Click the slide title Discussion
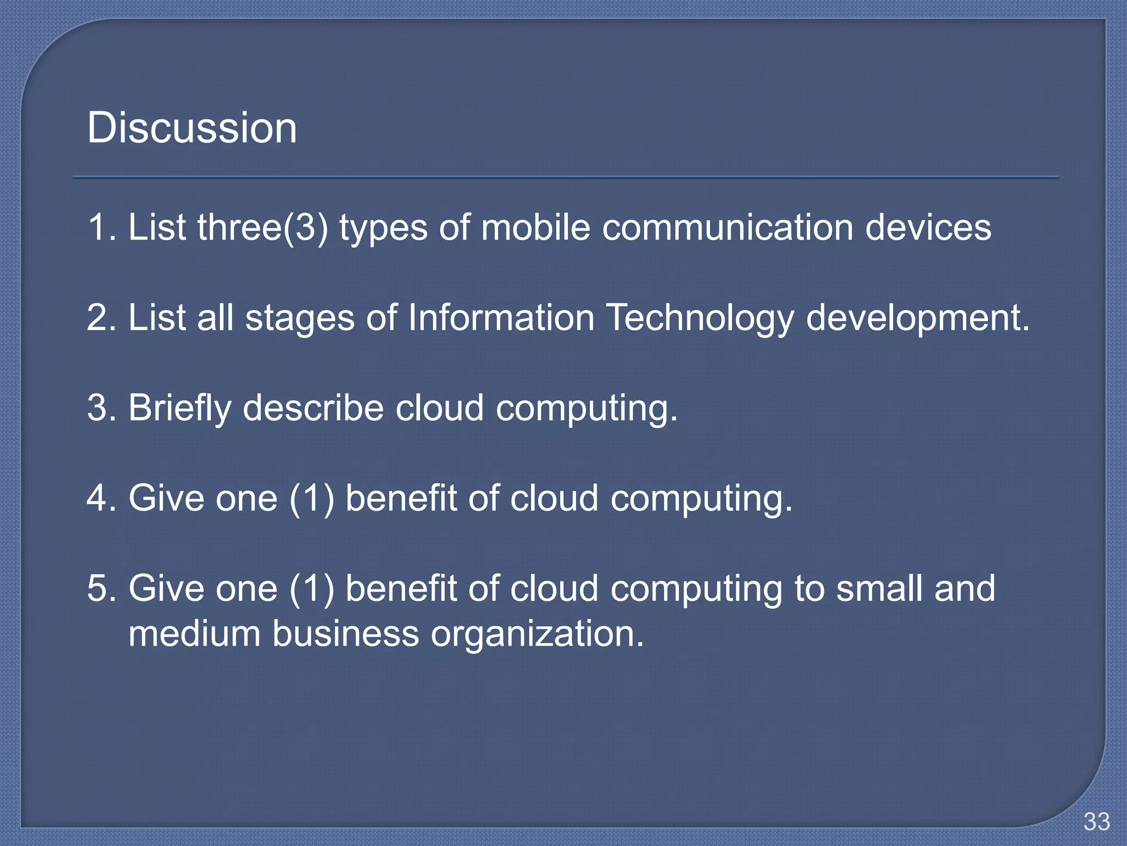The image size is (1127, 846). [192, 128]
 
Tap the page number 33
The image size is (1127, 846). [1096, 822]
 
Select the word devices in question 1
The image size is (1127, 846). [928, 227]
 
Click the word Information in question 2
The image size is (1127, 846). [501, 318]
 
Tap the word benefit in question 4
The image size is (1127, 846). [401, 498]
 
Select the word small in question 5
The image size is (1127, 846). [879, 588]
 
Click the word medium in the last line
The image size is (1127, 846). [194, 633]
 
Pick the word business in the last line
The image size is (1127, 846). [346, 633]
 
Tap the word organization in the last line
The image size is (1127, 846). [537, 634]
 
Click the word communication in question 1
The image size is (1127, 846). [727, 227]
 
